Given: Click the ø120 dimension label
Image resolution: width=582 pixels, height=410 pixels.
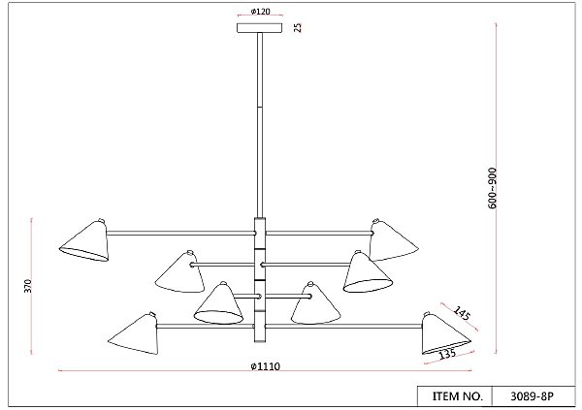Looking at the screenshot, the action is (x=261, y=12).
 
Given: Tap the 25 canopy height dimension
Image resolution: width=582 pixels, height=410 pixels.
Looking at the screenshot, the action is (x=298, y=27).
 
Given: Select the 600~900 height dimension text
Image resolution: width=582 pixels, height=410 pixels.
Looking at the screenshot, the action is (x=492, y=188).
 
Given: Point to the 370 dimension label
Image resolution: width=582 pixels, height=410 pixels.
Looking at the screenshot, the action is (x=28, y=286).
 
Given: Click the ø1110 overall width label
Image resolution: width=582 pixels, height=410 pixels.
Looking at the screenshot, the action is (x=266, y=366).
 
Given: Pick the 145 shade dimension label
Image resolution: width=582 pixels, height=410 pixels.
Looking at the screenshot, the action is (x=462, y=313).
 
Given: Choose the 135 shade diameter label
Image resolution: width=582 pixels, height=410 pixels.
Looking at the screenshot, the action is (x=447, y=354).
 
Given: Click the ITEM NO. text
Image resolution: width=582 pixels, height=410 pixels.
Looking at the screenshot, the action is (x=458, y=395).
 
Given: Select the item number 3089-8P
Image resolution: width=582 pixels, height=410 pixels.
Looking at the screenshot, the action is (x=532, y=396).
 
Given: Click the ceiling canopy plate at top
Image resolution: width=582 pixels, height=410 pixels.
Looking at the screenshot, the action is (x=259, y=28).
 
